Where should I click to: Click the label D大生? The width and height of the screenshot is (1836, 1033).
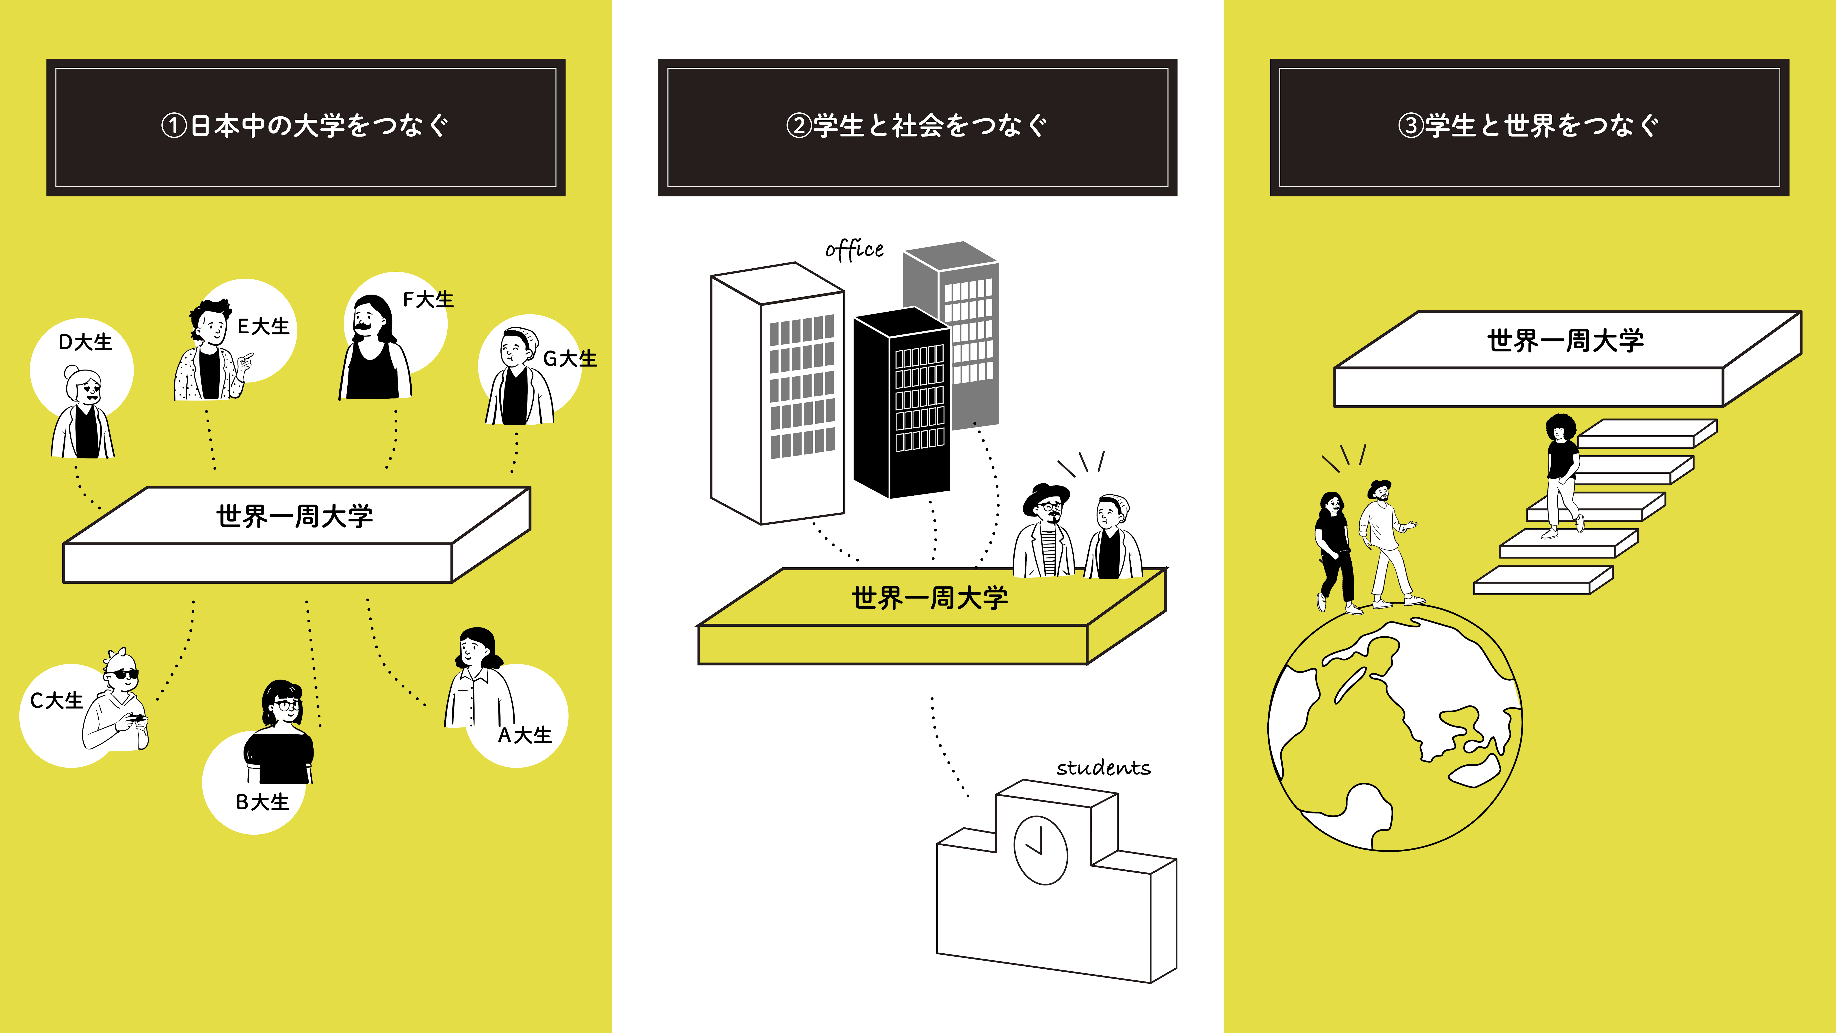(x=86, y=342)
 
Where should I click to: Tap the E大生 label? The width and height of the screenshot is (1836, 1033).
(x=264, y=326)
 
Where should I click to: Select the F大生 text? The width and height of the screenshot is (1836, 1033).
(x=428, y=299)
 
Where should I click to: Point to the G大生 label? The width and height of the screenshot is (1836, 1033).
(x=570, y=359)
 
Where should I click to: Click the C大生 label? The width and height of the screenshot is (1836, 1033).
(x=57, y=701)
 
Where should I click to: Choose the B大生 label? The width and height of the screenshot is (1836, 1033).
(x=262, y=802)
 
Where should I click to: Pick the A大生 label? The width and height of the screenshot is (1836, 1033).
(x=525, y=735)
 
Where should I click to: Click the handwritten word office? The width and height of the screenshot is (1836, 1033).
(x=854, y=250)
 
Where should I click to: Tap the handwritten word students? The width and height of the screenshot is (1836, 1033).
(x=1103, y=768)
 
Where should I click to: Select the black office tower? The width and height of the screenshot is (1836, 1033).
(x=902, y=403)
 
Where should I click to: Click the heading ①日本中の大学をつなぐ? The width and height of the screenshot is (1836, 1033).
(x=305, y=126)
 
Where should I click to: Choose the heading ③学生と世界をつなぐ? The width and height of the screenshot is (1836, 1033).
(x=1529, y=126)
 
